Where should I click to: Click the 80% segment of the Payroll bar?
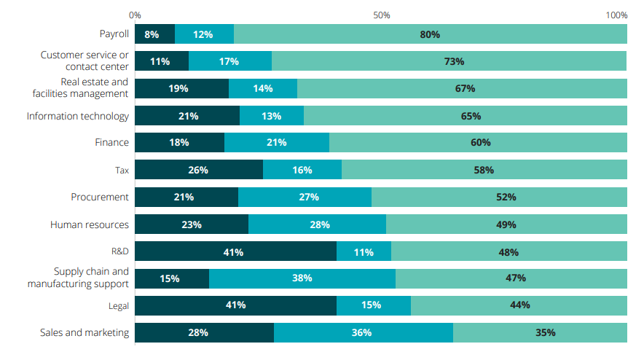(430, 34)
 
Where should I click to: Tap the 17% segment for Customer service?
(229, 61)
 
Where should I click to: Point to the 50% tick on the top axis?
(381, 15)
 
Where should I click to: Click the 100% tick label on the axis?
(616, 15)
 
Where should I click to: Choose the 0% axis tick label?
(135, 15)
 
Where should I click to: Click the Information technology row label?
(78, 116)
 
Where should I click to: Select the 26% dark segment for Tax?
(198, 170)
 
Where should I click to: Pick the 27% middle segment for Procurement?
(305, 197)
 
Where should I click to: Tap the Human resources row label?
(89, 224)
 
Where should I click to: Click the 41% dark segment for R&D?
(235, 251)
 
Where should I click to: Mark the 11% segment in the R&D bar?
(364, 251)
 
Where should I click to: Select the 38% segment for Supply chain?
(302, 278)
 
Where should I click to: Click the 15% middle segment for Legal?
(373, 305)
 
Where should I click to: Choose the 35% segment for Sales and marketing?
(540, 332)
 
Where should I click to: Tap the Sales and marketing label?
(85, 333)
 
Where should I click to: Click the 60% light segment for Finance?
(478, 143)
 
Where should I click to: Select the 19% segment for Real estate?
(181, 88)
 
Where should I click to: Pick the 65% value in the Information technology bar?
(466, 116)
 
